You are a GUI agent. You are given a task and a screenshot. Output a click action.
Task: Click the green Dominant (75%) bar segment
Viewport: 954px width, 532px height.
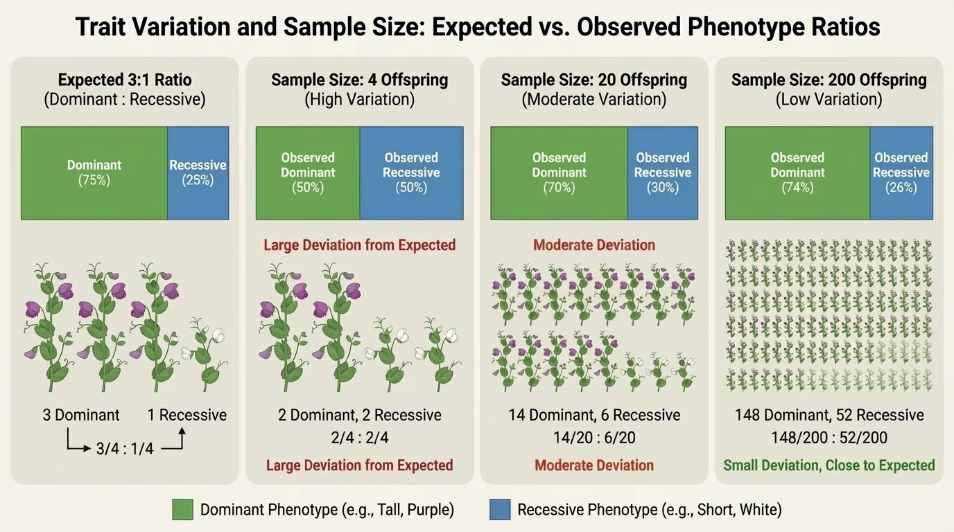[94, 172]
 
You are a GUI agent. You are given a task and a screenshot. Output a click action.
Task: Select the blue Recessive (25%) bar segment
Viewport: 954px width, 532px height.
[198, 172]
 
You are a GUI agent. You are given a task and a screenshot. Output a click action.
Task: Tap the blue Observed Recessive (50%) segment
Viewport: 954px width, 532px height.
[411, 172]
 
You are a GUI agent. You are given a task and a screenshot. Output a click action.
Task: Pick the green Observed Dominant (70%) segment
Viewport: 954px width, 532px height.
[559, 172]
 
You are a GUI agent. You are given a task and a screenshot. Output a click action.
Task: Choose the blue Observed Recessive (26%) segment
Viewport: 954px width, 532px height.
[901, 172]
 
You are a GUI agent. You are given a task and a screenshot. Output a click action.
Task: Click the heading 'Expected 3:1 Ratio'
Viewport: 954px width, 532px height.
[125, 80]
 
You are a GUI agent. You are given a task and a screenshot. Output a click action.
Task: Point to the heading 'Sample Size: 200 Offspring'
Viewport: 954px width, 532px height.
[829, 80]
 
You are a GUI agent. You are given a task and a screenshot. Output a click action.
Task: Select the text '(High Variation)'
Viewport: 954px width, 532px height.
[359, 100]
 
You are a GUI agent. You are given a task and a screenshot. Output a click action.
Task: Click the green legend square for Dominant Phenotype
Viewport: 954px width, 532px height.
[182, 510]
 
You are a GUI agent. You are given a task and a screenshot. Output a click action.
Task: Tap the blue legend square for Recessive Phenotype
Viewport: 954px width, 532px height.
[499, 510]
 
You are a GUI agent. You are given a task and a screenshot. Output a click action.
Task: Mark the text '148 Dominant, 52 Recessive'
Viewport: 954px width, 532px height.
[829, 415]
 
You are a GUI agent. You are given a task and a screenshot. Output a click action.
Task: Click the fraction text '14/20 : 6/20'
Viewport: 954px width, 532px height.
[594, 438]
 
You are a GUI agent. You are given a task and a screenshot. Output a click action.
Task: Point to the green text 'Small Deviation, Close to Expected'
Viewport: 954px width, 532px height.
[829, 465]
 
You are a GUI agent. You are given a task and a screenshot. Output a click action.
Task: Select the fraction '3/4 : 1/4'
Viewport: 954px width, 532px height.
[125, 449]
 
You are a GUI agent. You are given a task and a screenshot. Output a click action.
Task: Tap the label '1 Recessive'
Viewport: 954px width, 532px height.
[187, 415]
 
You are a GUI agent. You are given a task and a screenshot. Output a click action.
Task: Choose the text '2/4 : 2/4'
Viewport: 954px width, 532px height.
[359, 438]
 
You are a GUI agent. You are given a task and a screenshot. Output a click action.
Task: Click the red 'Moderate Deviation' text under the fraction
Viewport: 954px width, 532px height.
[594, 465]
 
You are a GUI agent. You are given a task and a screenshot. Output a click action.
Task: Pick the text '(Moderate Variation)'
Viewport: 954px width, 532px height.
[594, 100]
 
